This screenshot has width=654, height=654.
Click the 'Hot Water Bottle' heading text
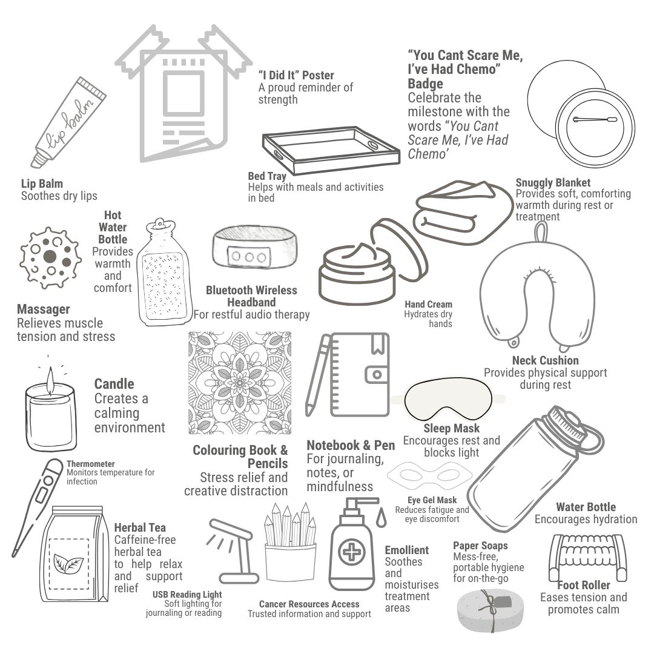[113, 227]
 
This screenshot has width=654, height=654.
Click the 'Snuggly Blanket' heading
[552, 182]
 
